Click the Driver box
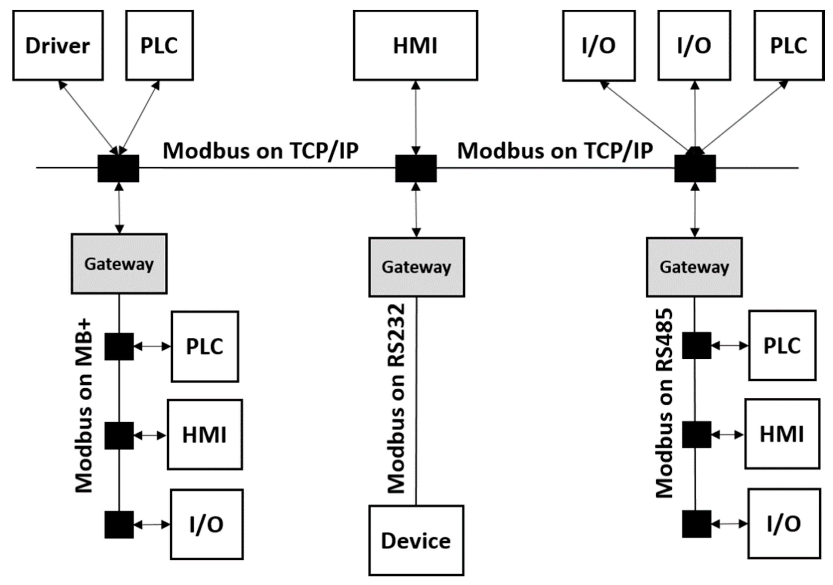pos(58,45)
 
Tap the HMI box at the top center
pos(415,45)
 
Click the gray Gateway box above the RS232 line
pos(416,267)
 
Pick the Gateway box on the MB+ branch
pos(119,263)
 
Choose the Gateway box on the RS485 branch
pos(694,267)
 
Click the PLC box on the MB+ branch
pos(205,346)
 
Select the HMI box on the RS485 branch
pos(782,434)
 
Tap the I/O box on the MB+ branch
pos(207,524)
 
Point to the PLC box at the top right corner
pos(789,45)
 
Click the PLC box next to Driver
pos(159,45)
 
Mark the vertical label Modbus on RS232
pos(396,399)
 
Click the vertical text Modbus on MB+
pos(84,406)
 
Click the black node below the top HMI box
pos(416,168)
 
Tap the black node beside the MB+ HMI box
pos(119,435)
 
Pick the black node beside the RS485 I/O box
pos(696,524)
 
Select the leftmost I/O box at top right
pos(599,45)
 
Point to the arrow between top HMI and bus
pos(416,118)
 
